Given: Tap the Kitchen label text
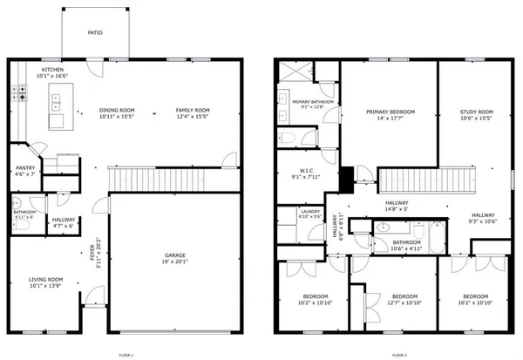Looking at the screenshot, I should (x=51, y=69).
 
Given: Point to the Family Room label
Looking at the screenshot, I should (x=193, y=110).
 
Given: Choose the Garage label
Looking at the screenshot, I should (x=175, y=255).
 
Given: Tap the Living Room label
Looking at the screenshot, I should (x=46, y=279).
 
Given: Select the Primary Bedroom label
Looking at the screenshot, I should (x=390, y=112).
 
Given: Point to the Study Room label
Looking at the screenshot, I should (x=477, y=112).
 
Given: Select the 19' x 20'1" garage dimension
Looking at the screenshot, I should (x=175, y=262).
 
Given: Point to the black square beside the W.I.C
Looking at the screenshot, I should (x=346, y=178).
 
